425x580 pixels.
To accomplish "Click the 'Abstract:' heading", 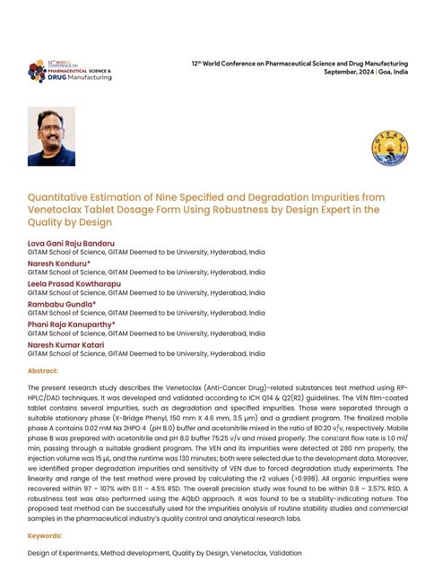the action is coord(43,369).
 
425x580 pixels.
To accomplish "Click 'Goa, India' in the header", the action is coord(395,72).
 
